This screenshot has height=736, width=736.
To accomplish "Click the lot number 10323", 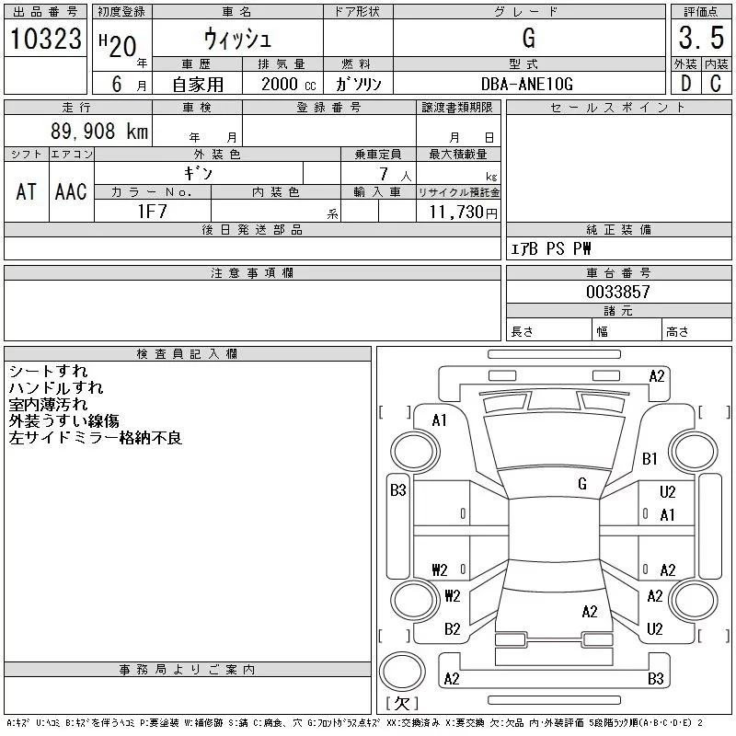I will point(46,39).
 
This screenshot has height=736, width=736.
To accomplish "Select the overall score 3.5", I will point(700,39).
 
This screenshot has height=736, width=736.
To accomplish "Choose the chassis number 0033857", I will point(618,292).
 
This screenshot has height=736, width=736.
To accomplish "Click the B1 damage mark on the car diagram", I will point(650,458).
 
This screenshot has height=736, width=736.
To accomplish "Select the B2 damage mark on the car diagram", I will point(452,629).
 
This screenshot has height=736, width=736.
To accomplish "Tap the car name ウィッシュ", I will point(236,39).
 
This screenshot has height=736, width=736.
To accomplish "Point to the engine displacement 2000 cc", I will point(288,84).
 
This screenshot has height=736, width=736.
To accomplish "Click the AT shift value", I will point(26,191).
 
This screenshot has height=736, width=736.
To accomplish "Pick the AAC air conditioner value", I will point(71,191).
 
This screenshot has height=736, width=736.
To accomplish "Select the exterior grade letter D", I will point(684,84).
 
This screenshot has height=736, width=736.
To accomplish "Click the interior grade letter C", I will point(716,84).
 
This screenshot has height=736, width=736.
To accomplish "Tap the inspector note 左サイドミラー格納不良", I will point(96,438).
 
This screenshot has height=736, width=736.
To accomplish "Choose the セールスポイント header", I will point(618,108).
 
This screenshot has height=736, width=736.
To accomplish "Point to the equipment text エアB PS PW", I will point(551,249).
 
